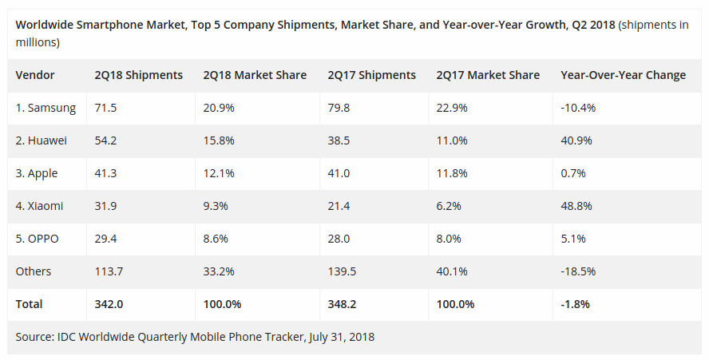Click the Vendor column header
(35, 75)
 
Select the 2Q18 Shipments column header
(139, 75)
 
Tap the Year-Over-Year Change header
(623, 75)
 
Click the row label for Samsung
(46, 108)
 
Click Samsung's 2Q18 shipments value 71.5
(106, 108)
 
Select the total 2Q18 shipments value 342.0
(110, 304)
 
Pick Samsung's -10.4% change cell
(580, 108)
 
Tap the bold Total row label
(30, 304)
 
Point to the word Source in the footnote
(34, 337)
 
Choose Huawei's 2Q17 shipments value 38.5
(341, 140)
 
